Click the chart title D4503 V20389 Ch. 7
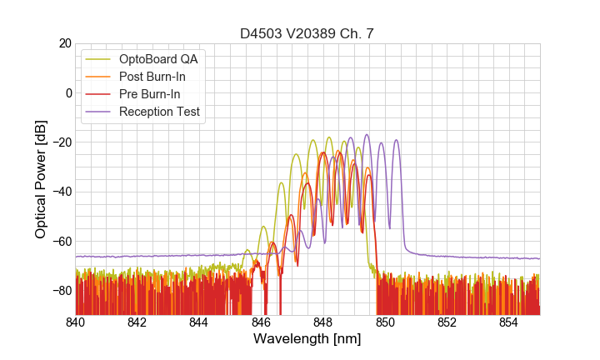click(x=307, y=34)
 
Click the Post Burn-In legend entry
click(x=152, y=77)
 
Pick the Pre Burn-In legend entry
click(x=150, y=94)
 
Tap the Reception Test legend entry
click(x=159, y=112)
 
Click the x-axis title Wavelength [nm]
click(x=307, y=339)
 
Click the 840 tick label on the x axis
click(x=76, y=322)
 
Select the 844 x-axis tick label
click(x=199, y=322)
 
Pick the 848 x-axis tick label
click(x=323, y=322)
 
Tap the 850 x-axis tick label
click(x=385, y=322)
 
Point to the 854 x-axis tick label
click(x=508, y=322)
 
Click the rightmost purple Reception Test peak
click(x=396, y=140)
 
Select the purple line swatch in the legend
click(x=99, y=112)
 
